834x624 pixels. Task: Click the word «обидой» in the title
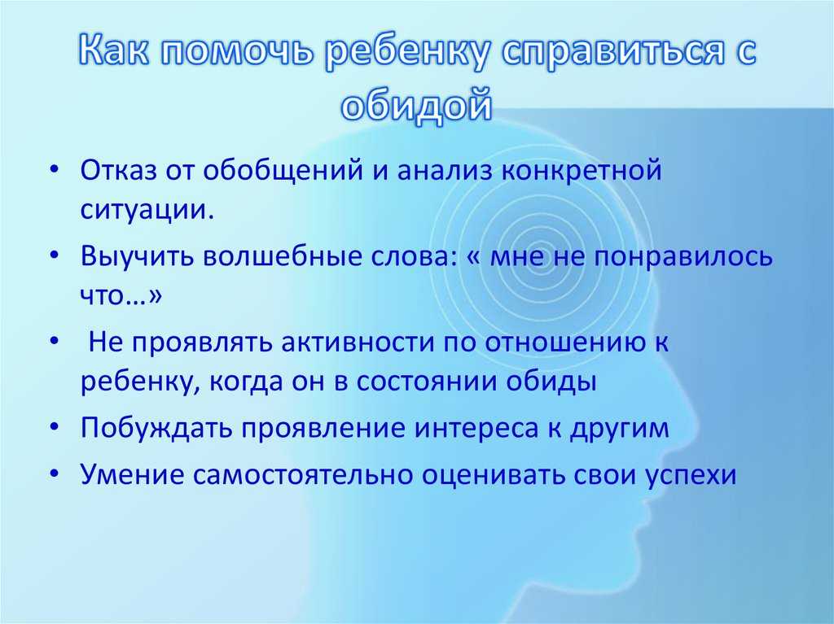click(416, 105)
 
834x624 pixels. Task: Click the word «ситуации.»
click(147, 210)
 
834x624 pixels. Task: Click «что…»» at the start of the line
click(121, 295)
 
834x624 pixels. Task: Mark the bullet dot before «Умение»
click(54, 473)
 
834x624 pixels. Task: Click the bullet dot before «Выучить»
click(54, 255)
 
